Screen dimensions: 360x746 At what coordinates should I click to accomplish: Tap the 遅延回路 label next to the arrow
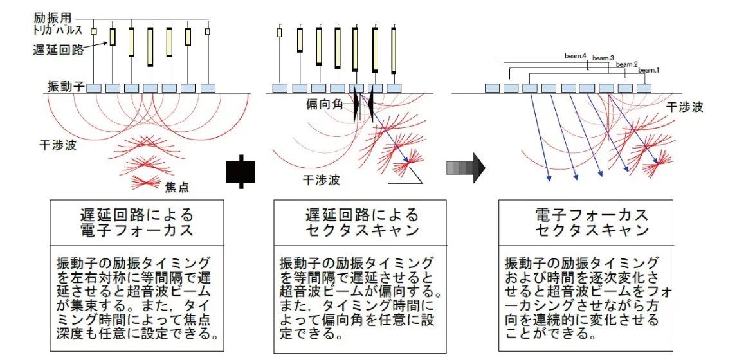pos(59,50)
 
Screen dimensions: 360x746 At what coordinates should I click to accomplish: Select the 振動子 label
pos(64,86)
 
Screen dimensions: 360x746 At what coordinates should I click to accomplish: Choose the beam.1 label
pos(650,69)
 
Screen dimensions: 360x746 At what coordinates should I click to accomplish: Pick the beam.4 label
pos(576,56)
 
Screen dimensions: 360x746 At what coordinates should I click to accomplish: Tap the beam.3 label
pos(603,59)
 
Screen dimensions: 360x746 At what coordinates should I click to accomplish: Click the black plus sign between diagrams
pos(241,171)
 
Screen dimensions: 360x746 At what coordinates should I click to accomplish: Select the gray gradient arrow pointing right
pos(465,168)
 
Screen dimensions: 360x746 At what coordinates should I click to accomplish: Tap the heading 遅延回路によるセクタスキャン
pos(361,222)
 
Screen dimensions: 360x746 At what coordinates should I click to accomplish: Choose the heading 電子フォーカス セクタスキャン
pos(592,222)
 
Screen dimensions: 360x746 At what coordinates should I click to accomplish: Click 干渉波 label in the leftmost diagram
pos(58,146)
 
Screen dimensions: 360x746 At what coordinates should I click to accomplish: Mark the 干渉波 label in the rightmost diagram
pos(684,107)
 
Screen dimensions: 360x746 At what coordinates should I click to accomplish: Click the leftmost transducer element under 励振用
pos(94,87)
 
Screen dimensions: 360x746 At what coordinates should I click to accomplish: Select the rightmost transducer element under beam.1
pos(643,87)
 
